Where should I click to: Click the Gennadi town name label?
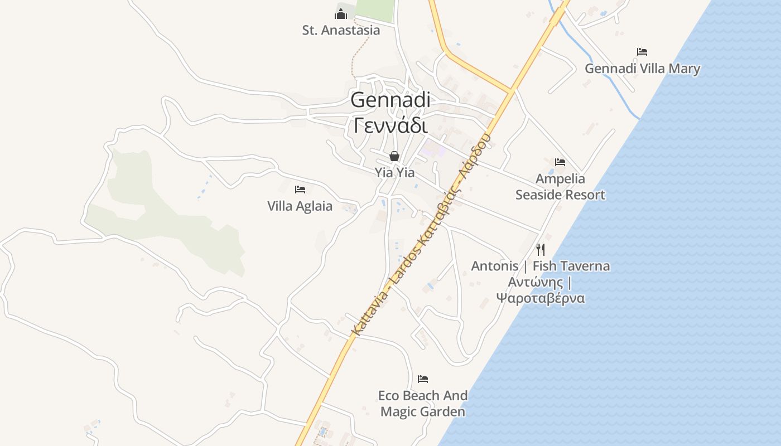[390, 100]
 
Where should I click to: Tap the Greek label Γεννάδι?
[390, 126]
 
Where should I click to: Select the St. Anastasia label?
[341, 31]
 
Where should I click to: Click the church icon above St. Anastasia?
[341, 13]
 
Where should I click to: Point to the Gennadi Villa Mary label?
[642, 69]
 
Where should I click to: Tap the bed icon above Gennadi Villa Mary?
[642, 52]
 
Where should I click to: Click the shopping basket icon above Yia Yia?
[394, 156]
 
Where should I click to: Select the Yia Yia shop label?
[394, 173]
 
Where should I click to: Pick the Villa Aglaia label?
[300, 206]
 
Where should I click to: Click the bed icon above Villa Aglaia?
[300, 190]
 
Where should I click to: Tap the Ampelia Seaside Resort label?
[560, 187]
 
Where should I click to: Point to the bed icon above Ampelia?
[560, 162]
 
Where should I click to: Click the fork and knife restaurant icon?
[540, 249]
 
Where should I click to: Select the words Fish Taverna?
[571, 266]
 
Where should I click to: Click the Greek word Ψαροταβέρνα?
[540, 298]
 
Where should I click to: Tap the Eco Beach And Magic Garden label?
[423, 404]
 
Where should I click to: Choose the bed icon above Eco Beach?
[423, 379]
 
